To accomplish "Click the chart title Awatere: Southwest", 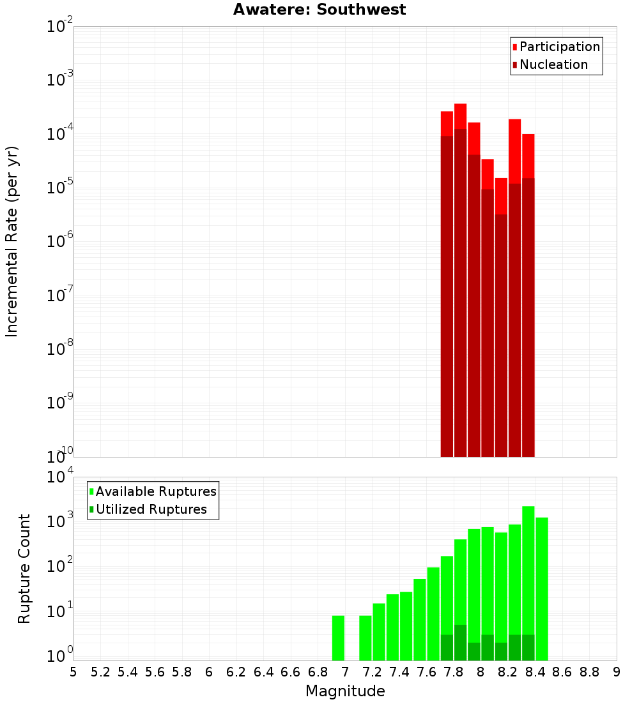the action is coord(319,10).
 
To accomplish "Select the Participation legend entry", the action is coord(556,47).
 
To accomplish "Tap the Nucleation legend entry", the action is coord(550,64).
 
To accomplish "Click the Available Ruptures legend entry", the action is coord(153,491).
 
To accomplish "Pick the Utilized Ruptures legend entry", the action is coord(148,509).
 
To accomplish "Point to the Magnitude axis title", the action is coord(345,691).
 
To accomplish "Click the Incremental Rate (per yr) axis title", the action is coord(12,242).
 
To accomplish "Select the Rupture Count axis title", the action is coord(24,569).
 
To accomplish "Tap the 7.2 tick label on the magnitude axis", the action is coord(372,673).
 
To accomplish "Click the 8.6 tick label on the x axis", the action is coord(562,673).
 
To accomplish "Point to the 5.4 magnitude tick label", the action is coord(127,673).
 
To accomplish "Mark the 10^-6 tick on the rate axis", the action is coord(59,241).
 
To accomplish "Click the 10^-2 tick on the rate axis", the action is coord(59,26).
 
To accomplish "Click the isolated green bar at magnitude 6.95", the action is coord(338,638).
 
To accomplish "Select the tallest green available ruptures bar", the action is coord(528,583).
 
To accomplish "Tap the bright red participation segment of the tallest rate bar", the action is coord(461,116).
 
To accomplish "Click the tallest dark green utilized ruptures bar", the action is coord(461,643).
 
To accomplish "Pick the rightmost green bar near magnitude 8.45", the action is coord(542,589).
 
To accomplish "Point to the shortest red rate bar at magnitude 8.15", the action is coord(501,317).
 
